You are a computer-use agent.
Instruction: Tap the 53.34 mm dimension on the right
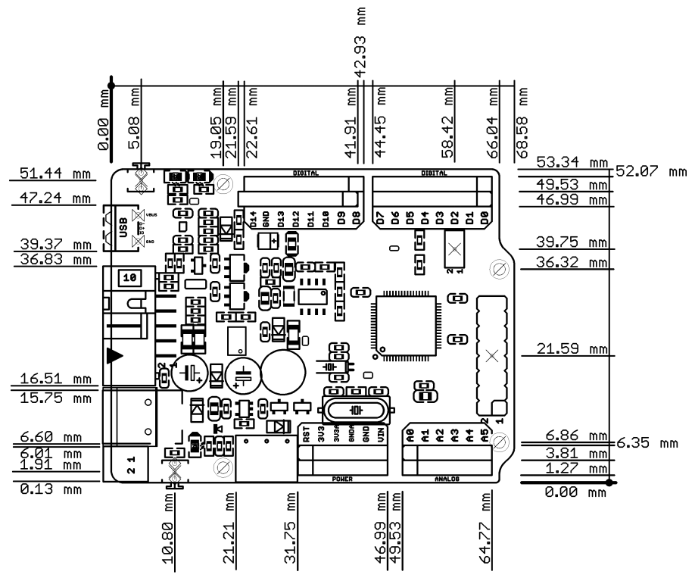[572, 163]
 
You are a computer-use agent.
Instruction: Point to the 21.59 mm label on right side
[572, 348]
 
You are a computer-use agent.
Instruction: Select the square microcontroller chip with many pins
[404, 322]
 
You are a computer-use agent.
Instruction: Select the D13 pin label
[281, 220]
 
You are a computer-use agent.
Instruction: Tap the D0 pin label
[484, 219]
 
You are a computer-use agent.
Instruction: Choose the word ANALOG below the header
[447, 479]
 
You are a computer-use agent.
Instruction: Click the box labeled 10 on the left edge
[129, 278]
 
